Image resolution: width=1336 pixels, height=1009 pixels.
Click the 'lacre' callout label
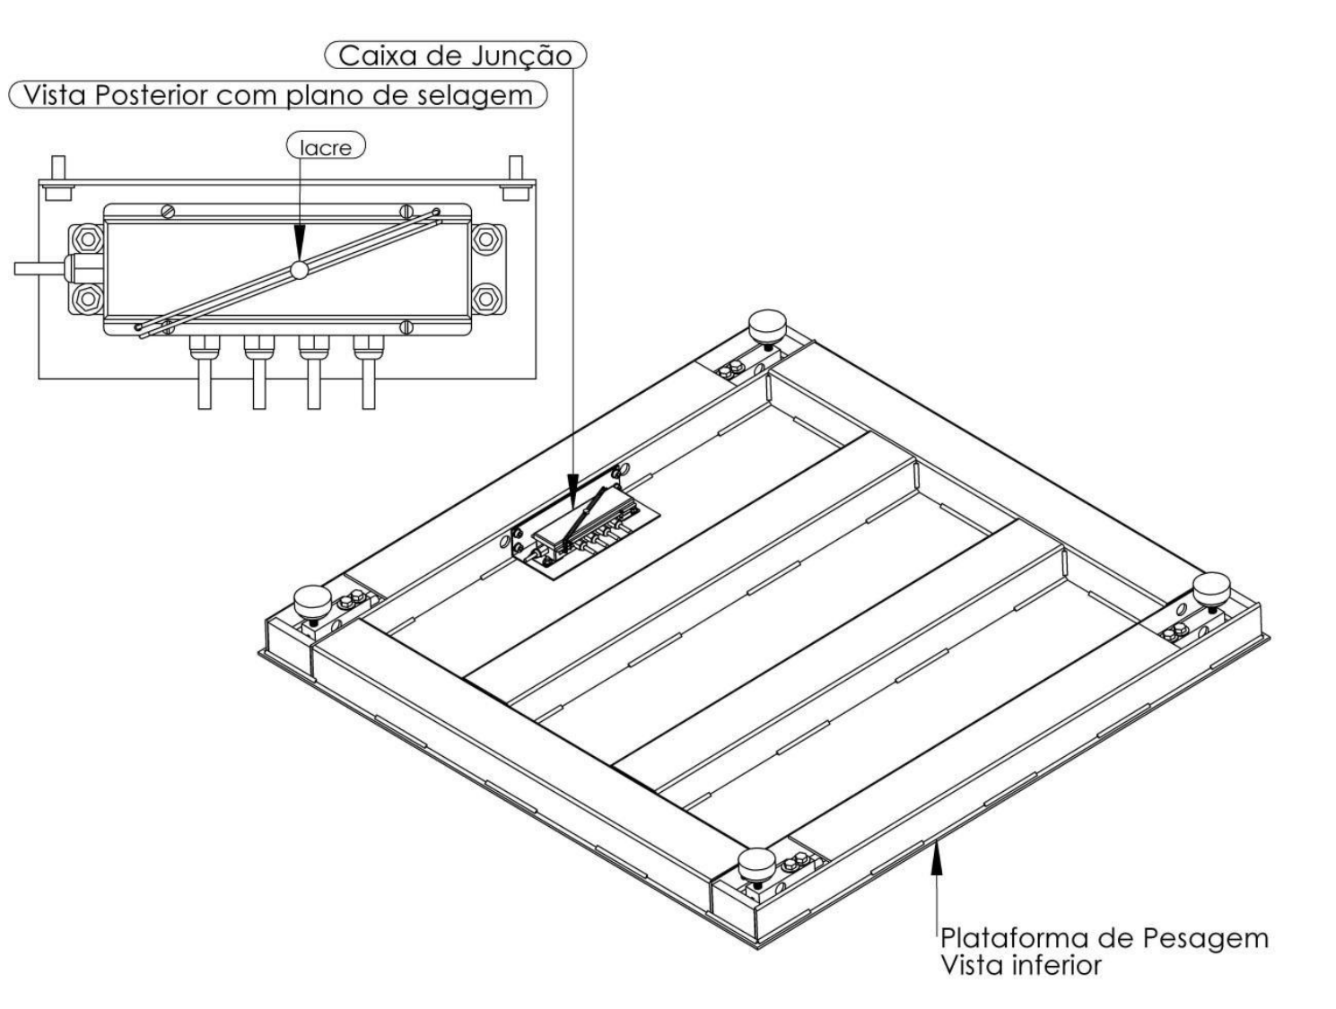point(326,146)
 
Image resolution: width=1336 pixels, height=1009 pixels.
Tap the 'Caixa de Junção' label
point(455,56)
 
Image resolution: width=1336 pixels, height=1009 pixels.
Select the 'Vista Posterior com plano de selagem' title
point(277,95)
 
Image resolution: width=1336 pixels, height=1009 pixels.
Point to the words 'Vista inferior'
point(1021,966)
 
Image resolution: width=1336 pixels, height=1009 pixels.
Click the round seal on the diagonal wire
point(299,270)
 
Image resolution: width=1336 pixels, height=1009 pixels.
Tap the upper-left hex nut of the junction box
point(88,239)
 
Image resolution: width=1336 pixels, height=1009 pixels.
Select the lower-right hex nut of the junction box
point(485,300)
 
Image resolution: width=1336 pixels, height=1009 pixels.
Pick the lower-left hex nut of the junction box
point(88,300)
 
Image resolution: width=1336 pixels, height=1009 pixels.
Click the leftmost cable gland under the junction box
point(205,350)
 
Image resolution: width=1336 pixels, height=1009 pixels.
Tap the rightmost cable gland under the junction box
point(368,350)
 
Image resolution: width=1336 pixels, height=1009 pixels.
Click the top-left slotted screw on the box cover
point(168,212)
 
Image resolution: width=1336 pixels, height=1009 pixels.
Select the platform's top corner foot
point(768,327)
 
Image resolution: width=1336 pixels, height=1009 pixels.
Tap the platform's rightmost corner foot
point(1212,589)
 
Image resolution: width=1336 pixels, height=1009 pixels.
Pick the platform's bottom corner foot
point(757,865)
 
